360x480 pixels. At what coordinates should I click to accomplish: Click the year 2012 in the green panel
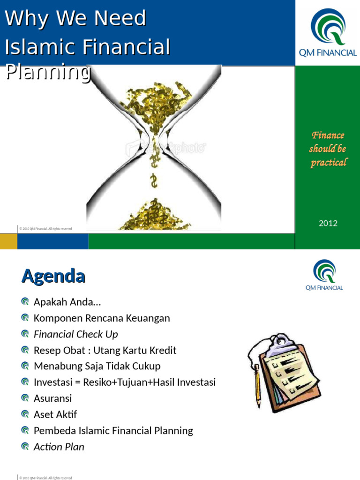(328, 223)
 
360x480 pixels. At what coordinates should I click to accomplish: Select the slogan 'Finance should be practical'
(328, 149)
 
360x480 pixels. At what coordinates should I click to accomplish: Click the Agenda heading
(53, 276)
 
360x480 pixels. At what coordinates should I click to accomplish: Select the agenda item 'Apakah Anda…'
(67, 302)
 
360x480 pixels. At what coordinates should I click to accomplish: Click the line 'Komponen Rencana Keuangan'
(102, 318)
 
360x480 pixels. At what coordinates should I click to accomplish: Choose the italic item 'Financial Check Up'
(76, 334)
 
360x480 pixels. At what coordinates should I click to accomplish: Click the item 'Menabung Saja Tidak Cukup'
(97, 366)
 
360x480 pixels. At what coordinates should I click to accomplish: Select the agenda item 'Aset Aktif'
(55, 414)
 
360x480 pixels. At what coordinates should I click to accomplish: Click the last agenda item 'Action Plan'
(59, 447)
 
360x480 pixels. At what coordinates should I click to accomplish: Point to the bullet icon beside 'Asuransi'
(25, 398)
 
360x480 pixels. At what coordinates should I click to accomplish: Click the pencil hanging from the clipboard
(257, 387)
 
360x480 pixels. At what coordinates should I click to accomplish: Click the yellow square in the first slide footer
(8, 241)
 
